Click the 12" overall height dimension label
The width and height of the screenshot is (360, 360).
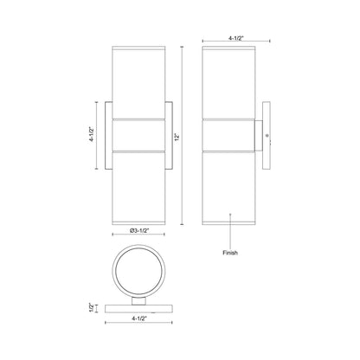tap(177, 137)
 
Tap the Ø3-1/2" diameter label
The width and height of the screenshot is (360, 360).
tap(139, 230)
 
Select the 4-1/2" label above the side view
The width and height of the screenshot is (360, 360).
tap(236, 38)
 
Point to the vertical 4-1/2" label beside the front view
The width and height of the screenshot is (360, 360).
tap(92, 134)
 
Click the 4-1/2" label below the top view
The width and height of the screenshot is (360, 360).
tap(139, 318)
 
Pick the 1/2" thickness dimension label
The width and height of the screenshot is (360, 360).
tap(92, 308)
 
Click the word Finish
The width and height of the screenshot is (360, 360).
tap(230, 253)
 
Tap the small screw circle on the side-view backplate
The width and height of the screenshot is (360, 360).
tap(267, 135)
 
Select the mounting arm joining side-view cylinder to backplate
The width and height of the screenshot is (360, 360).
tap(258, 135)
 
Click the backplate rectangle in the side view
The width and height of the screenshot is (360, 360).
tap(267, 135)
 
